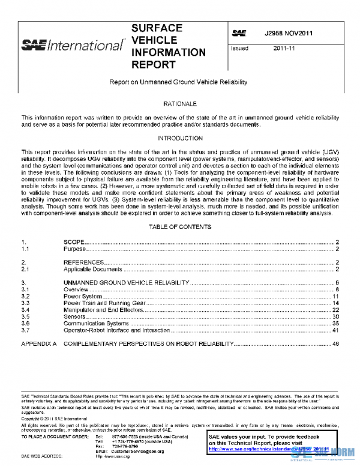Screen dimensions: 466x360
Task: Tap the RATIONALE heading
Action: pyautogui.click(x=180, y=103)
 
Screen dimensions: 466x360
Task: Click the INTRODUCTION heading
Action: pyautogui.click(x=180, y=138)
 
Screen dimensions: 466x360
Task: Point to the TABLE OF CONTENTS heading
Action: pyautogui.click(x=180, y=227)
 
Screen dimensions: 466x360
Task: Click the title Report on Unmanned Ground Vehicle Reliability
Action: pyautogui.click(x=178, y=81)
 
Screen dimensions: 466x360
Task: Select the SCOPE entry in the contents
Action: pyautogui.click(x=74, y=241)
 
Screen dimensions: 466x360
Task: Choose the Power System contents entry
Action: pyautogui.click(x=83, y=297)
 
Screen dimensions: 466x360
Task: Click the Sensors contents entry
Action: pyautogui.click(x=75, y=316)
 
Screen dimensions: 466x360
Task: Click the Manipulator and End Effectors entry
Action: pyautogui.click(x=104, y=309)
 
